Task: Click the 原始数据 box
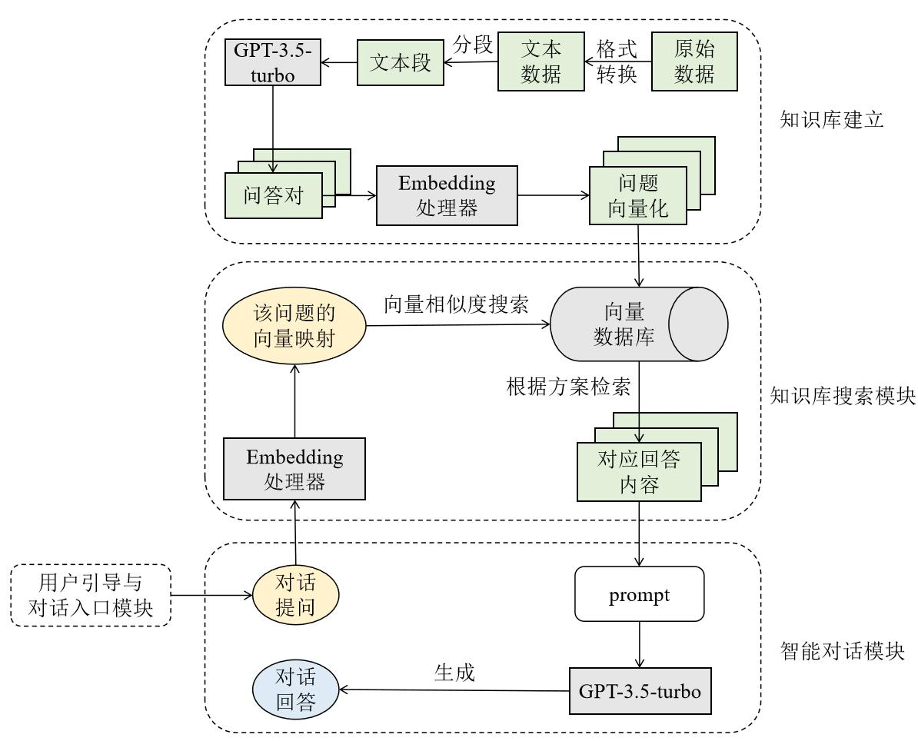694,62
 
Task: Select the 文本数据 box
541,62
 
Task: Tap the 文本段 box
398,64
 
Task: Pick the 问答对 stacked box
274,194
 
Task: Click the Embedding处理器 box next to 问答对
447,195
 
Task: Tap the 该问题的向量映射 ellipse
294,327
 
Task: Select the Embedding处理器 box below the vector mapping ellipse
294,469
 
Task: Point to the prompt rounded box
640,594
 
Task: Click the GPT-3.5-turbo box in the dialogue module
640,691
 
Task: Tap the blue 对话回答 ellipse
296,690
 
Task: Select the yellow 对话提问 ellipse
296,595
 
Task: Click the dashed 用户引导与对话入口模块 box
90,595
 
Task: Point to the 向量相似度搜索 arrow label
457,304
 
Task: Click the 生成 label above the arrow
454,673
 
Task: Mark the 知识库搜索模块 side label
843,396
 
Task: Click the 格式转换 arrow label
617,62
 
